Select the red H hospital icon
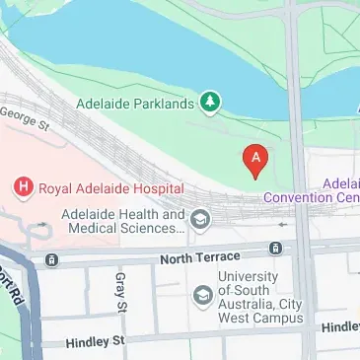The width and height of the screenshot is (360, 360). [21, 185]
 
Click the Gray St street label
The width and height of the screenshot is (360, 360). [121, 292]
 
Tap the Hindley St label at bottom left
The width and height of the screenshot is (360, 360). [96, 342]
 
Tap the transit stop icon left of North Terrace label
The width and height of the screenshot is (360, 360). [51, 260]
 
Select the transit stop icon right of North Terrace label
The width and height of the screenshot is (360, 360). [279, 251]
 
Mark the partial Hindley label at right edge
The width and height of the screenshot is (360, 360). [341, 326]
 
